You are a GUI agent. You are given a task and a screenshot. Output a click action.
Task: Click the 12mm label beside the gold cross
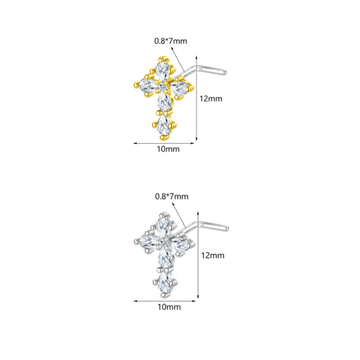click(x=211, y=99)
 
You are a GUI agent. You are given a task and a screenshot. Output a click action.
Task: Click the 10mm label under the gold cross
click(x=168, y=149)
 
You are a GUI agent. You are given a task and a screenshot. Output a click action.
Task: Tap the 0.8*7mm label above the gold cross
click(x=171, y=41)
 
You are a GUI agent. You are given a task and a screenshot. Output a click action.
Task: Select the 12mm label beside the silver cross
click(x=213, y=255)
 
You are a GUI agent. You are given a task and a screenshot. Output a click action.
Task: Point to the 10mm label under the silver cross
click(x=169, y=307)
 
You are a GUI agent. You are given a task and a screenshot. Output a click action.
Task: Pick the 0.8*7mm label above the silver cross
click(x=172, y=197)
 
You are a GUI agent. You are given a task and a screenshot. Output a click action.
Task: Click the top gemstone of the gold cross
click(x=162, y=70)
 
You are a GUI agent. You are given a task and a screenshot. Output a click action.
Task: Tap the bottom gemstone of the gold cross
click(x=164, y=126)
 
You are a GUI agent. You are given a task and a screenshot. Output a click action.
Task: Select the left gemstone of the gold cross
click(x=148, y=85)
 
